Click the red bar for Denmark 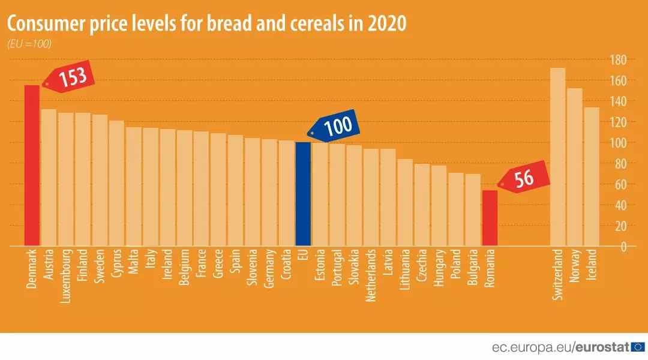point(32,166)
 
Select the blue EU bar point(303,194)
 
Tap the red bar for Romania point(490,218)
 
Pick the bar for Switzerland point(557,157)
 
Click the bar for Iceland point(592,176)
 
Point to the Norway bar point(574,167)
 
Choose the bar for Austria point(49,178)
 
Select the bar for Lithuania point(405,203)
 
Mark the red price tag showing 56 point(524,178)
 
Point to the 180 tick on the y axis point(618,60)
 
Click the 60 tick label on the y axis point(621,184)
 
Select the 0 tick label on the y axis point(623,247)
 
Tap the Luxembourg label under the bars point(66,275)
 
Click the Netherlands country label point(371,275)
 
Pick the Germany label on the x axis point(269,268)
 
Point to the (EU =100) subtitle point(29,44)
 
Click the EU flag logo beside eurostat point(638,347)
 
